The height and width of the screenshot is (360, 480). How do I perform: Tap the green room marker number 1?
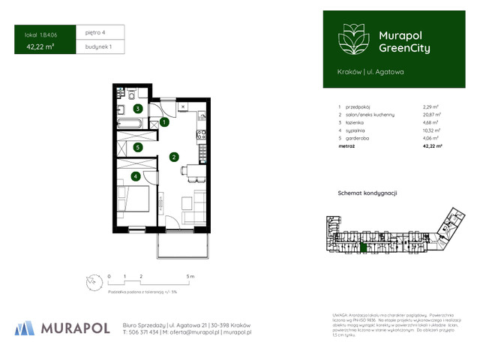[163, 122]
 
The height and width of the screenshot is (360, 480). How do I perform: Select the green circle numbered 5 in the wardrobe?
[137, 147]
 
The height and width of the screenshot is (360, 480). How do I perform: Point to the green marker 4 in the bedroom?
[135, 176]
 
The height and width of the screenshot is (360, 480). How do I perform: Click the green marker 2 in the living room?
[173, 157]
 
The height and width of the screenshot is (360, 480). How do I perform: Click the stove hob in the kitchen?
[199, 136]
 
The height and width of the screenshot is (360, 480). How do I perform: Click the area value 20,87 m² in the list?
[432, 115]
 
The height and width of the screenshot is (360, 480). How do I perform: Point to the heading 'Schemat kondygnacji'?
[367, 193]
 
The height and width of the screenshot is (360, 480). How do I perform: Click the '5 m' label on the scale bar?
[192, 277]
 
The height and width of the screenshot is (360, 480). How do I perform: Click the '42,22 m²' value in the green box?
[42, 46]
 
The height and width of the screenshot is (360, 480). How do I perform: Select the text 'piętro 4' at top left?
[97, 32]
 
